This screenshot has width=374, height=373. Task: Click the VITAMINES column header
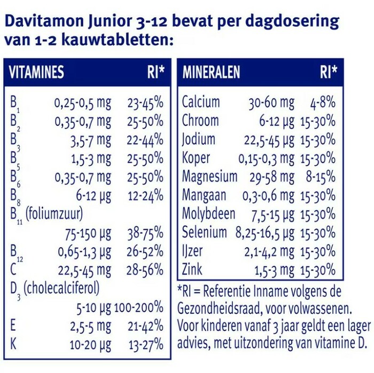pyautogui.click(x=36, y=73)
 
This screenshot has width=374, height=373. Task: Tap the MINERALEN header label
pyautogui.click(x=211, y=73)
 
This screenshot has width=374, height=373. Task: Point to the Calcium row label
pyautogui.click(x=201, y=102)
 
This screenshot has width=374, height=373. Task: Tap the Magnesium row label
pyautogui.click(x=209, y=176)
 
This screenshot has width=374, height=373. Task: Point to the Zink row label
pyautogui.click(x=192, y=268)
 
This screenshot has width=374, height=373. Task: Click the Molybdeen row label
pyautogui.click(x=208, y=213)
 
